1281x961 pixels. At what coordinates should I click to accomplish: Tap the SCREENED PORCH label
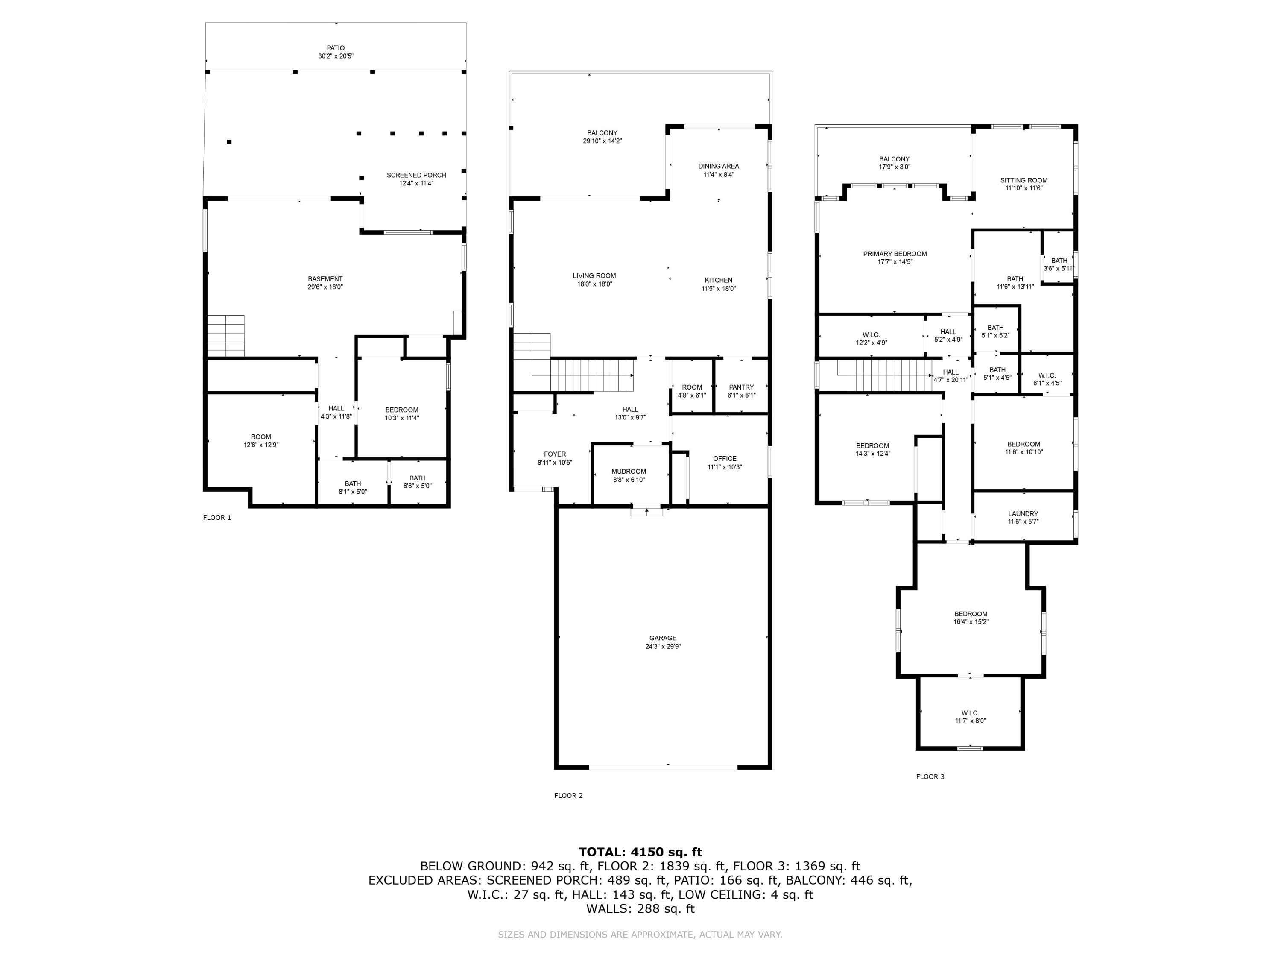[x=416, y=176]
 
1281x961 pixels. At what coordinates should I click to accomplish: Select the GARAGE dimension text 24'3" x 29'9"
[x=663, y=647]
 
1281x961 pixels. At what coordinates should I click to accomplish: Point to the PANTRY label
[x=741, y=387]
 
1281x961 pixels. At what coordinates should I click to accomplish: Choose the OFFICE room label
[x=725, y=459]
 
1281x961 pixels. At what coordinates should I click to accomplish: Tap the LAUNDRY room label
[x=1023, y=514]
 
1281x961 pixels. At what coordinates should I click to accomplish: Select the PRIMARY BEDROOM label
[x=895, y=254]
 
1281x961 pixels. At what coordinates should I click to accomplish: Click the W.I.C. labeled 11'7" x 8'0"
[x=970, y=717]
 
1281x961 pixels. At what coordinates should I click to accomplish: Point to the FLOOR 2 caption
[x=568, y=795]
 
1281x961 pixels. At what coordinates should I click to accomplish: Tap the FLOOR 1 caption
[x=216, y=518]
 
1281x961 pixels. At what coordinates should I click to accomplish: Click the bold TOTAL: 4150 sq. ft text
[x=640, y=852]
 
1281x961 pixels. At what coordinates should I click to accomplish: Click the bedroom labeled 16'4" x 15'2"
[x=971, y=618]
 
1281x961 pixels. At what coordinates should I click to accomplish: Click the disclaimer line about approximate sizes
[x=640, y=935]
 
